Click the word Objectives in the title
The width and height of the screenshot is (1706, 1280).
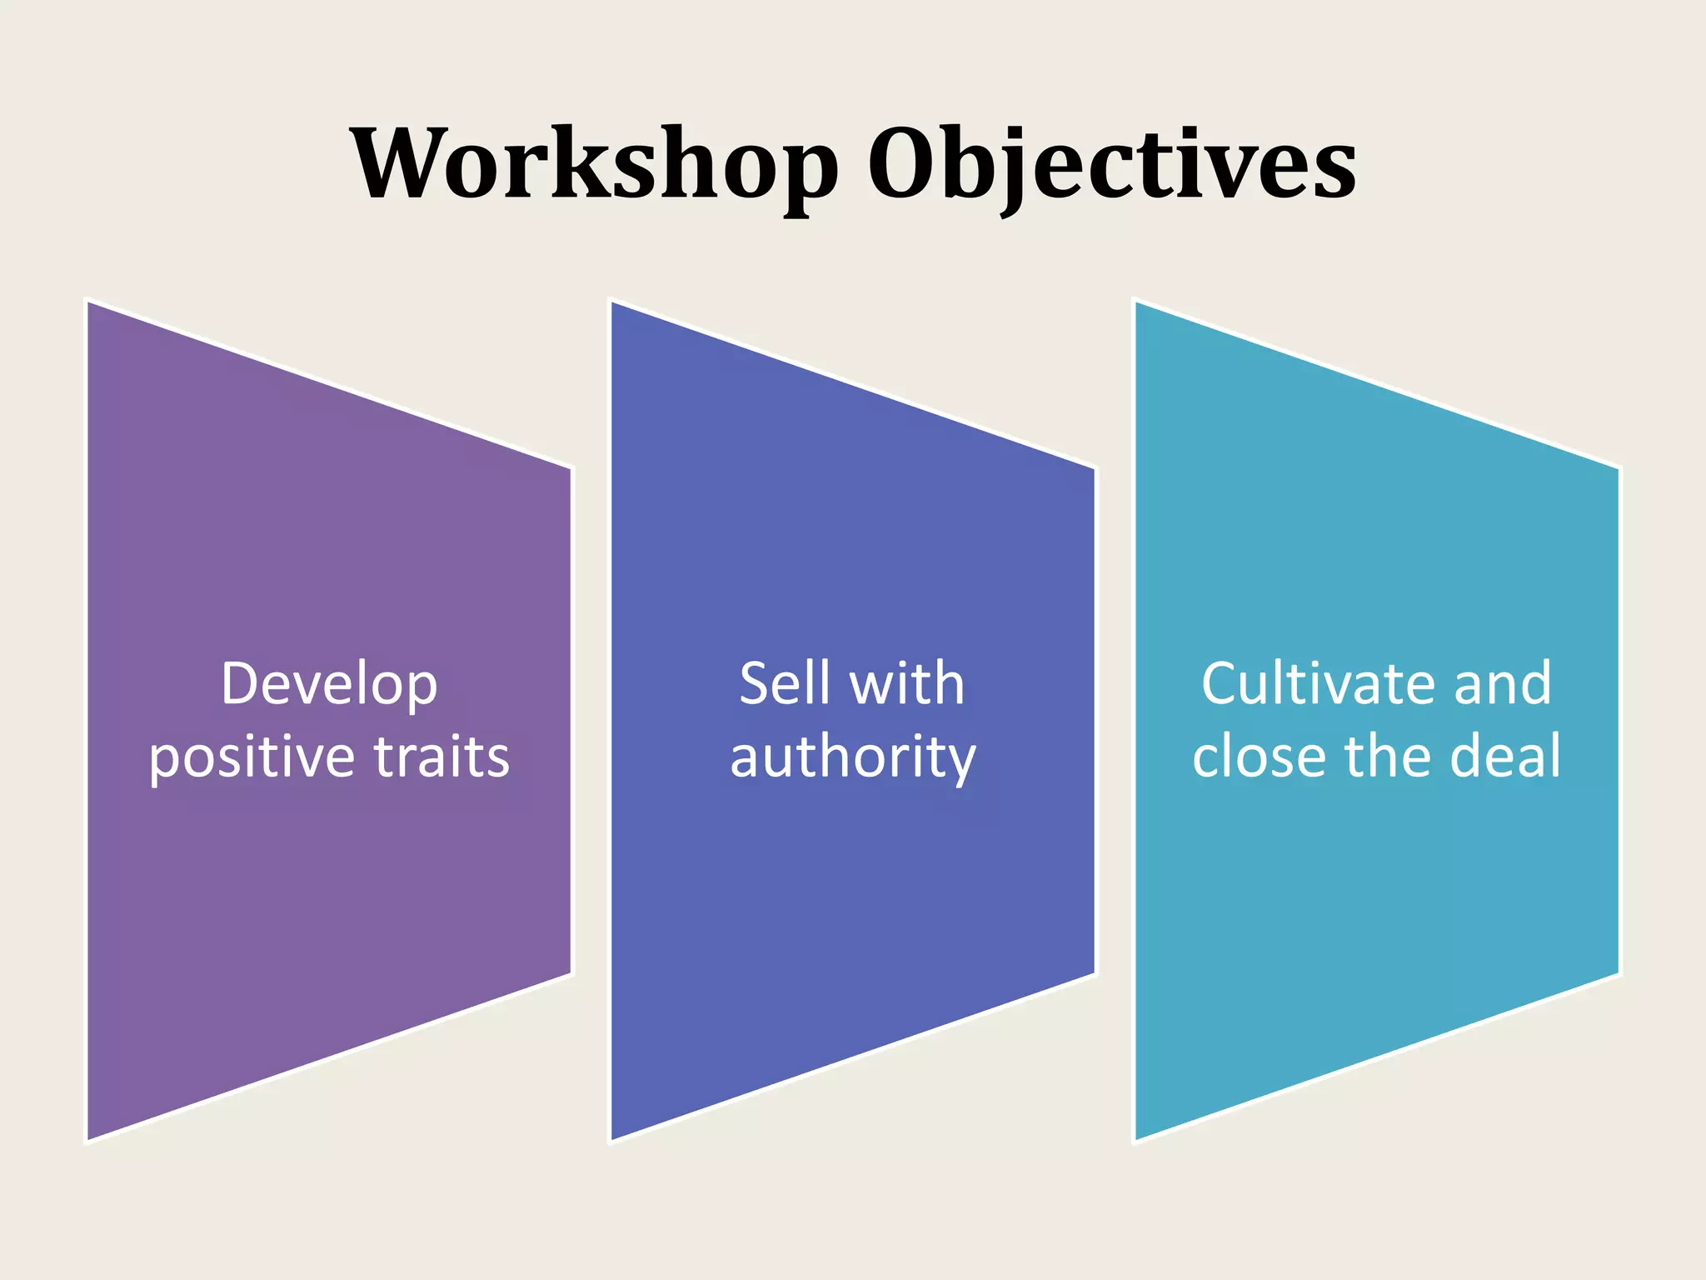pyautogui.click(x=1112, y=164)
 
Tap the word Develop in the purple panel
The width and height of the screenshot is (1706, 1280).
pyautogui.click(x=329, y=685)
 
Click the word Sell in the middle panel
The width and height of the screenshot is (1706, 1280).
pyautogui.click(x=785, y=683)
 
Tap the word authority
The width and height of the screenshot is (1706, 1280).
pyautogui.click(x=853, y=757)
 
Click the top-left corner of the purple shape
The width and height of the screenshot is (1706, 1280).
pyautogui.click(x=88, y=302)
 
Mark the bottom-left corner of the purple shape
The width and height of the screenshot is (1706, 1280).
pyautogui.click(x=88, y=1139)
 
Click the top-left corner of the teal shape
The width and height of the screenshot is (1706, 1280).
pyautogui.click(x=1137, y=302)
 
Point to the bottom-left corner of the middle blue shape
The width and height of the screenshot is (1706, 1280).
pyautogui.click(x=612, y=1139)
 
